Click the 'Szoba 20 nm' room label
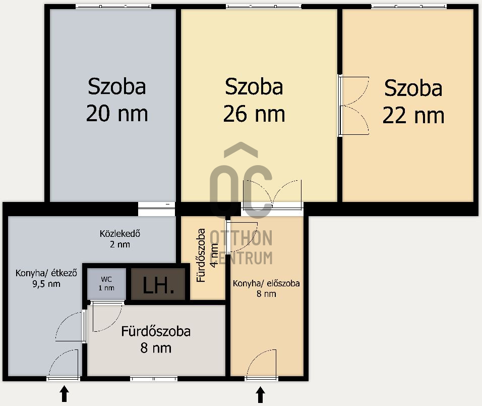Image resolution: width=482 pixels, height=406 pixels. [117, 100]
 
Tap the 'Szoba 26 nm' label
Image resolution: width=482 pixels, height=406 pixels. [254, 100]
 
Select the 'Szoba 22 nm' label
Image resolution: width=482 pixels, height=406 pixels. [413, 102]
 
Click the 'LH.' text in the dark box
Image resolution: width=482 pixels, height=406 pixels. [158, 286]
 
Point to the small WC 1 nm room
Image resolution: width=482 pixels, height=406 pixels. [106, 284]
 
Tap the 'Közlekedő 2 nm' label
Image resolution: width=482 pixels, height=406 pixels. [119, 239]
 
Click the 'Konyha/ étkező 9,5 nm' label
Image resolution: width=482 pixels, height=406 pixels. [45, 278]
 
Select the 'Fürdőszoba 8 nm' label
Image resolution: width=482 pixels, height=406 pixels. [156, 339]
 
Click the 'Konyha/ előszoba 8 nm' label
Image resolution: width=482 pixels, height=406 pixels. [266, 288]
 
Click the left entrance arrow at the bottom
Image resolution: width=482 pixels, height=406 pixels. [64, 394]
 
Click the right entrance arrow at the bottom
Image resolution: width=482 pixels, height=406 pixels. [260, 394]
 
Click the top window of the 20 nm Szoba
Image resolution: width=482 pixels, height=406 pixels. [113, 6]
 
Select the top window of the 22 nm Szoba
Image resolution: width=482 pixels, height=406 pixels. [408, 6]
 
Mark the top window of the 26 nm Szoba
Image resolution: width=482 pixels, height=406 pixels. [264, 6]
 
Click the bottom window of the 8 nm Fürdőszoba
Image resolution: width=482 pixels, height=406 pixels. [154, 378]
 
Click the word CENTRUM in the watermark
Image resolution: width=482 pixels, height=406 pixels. [241, 258]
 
